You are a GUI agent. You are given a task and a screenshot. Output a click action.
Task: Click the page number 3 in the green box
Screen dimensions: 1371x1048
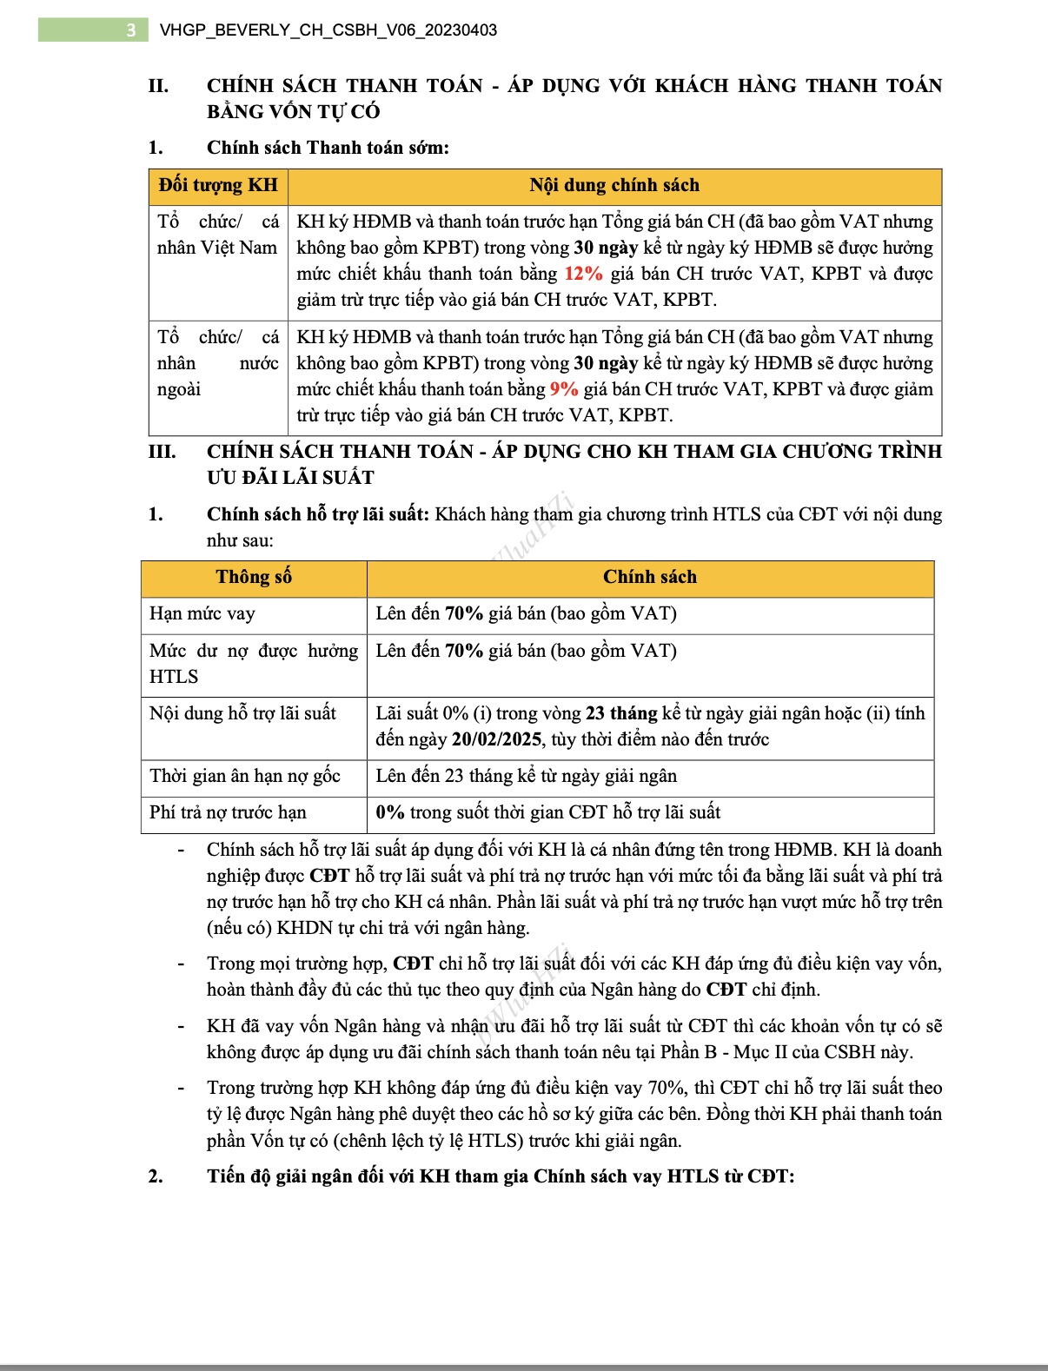[130, 30]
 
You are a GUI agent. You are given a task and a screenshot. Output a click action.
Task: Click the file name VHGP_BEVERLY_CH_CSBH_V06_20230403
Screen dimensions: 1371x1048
[328, 30]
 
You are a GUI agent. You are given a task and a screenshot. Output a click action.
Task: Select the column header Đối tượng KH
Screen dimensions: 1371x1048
[218, 185]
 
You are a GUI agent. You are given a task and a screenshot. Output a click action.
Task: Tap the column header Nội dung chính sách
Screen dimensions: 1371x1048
[614, 185]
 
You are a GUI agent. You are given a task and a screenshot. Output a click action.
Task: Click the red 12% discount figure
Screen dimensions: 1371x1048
[583, 274]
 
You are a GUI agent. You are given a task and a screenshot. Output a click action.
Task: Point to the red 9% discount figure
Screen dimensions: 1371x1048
[564, 389]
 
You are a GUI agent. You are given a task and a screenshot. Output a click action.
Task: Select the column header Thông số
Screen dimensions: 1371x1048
[254, 577]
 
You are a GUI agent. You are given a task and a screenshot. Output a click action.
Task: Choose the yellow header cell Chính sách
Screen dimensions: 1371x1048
[650, 577]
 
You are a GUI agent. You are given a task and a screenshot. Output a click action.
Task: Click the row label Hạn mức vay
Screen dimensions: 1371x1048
[202, 613]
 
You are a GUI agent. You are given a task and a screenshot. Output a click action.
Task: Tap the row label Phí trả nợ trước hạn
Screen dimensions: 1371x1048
[228, 812]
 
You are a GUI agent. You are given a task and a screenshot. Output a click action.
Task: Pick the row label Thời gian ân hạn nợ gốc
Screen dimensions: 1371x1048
[245, 776]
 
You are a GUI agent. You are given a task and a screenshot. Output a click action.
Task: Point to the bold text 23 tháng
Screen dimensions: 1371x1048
[621, 713]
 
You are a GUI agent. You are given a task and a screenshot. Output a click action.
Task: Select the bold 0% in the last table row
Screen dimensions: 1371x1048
[390, 812]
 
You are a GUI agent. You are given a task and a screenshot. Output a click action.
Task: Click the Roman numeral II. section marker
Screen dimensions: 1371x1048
[158, 86]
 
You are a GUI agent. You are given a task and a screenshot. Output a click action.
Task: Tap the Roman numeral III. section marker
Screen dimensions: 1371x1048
[162, 452]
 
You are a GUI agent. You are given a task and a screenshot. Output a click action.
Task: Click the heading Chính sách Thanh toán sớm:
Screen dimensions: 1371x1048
[328, 148]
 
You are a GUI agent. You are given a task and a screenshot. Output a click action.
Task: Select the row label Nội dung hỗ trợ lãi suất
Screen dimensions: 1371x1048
[242, 713]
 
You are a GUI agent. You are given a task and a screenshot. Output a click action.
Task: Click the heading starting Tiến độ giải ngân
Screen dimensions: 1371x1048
[501, 1176]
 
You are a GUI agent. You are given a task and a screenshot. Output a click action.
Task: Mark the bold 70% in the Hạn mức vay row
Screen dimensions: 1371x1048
[464, 613]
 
